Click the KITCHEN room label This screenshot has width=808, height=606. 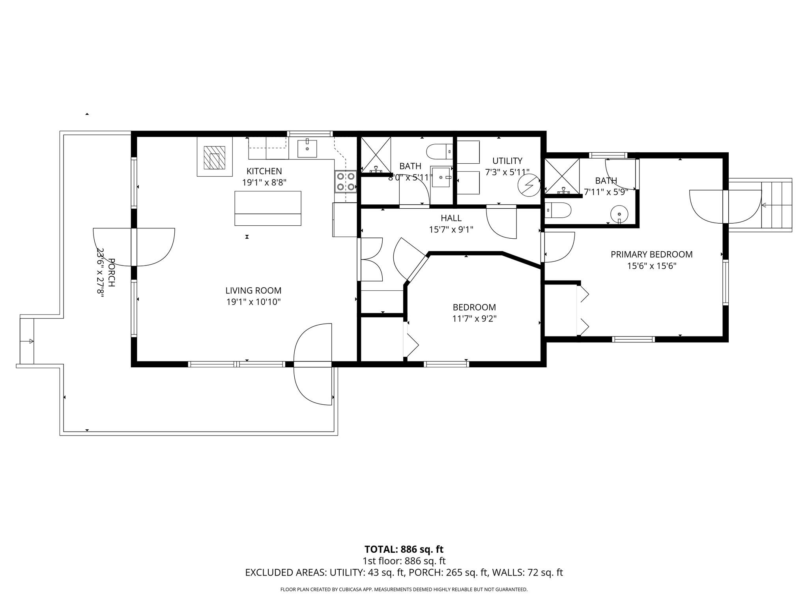(264, 171)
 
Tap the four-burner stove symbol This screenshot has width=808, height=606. (346, 181)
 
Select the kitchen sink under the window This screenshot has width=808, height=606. (307, 148)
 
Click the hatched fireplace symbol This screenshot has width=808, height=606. (214, 157)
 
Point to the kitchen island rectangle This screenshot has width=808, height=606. (267, 208)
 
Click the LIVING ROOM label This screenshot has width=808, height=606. (253, 291)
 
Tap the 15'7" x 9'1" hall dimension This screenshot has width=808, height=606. (451, 229)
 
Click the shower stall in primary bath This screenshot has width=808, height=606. (562, 176)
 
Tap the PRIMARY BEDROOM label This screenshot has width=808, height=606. (651, 254)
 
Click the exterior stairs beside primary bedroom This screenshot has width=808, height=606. (776, 205)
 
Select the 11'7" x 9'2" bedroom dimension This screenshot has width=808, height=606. (474, 318)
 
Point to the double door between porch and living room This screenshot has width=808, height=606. (134, 247)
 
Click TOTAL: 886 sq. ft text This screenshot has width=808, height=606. (404, 549)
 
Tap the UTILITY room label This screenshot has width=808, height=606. (507, 161)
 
